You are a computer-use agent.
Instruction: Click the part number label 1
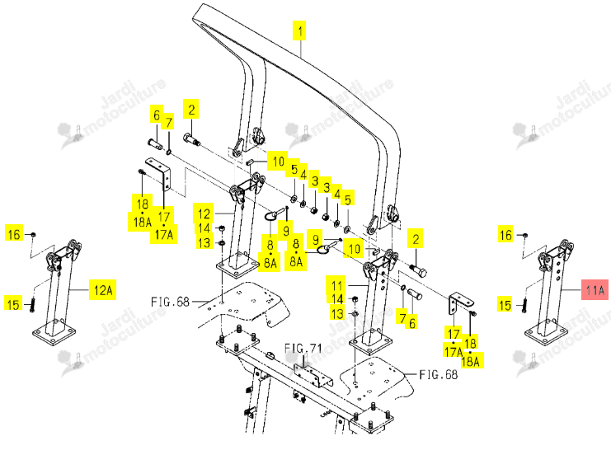click(x=299, y=30)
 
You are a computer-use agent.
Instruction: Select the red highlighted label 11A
click(x=595, y=290)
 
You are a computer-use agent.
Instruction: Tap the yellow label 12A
click(x=103, y=290)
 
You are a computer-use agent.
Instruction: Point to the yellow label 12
click(x=204, y=213)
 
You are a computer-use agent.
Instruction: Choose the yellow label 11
click(x=336, y=285)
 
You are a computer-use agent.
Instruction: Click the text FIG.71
click(x=303, y=348)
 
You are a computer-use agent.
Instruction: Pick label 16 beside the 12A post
click(x=14, y=234)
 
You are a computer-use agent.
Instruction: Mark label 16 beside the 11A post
click(x=505, y=235)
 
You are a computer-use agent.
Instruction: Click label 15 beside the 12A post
click(x=13, y=304)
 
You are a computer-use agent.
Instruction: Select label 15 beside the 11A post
click(x=505, y=305)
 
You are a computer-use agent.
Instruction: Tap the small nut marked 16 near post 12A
click(x=33, y=235)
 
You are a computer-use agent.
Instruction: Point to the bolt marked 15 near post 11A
click(x=524, y=303)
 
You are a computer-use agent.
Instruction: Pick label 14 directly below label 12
click(x=204, y=227)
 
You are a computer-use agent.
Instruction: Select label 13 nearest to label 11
click(x=337, y=313)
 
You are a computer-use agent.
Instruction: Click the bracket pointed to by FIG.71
click(x=313, y=375)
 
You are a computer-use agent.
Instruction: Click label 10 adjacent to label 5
click(x=277, y=161)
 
